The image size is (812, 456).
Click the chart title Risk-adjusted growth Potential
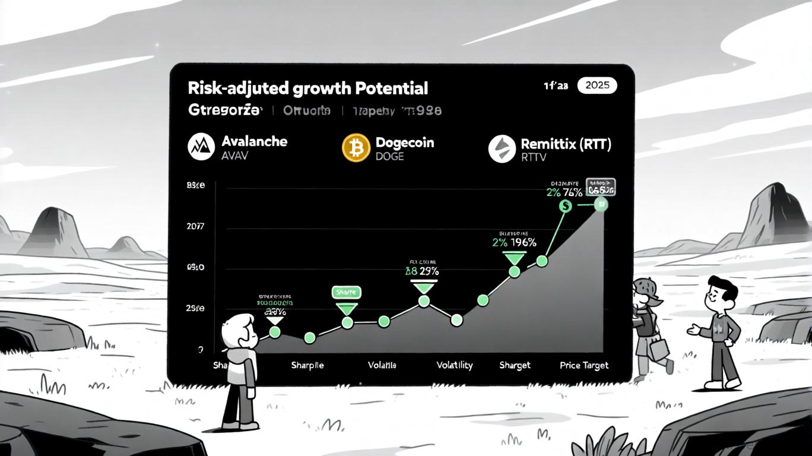click(x=307, y=88)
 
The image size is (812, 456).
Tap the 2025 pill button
click(x=597, y=85)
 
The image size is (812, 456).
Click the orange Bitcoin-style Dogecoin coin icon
click(x=356, y=148)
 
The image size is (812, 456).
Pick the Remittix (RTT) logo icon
click(x=502, y=148)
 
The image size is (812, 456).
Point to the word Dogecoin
click(x=404, y=142)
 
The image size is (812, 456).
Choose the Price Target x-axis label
click(x=584, y=365)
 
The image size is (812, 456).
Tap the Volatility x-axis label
click(x=455, y=365)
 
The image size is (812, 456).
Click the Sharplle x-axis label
click(x=307, y=365)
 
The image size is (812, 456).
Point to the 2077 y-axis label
click(x=195, y=226)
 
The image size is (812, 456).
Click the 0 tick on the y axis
click(x=201, y=350)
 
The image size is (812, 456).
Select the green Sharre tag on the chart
click(x=346, y=292)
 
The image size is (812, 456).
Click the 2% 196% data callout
click(x=514, y=242)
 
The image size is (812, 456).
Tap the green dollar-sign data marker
click(x=565, y=206)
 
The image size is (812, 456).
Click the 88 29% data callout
click(x=421, y=271)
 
